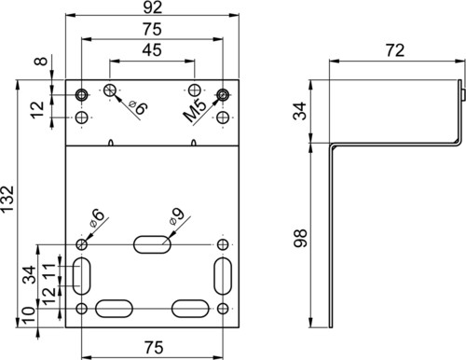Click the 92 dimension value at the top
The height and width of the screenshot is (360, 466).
click(x=153, y=7)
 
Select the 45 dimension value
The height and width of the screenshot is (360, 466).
click(x=152, y=50)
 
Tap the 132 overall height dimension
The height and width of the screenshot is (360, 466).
click(x=7, y=199)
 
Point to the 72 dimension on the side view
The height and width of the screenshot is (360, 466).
click(x=395, y=50)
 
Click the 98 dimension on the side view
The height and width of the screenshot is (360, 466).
click(x=300, y=238)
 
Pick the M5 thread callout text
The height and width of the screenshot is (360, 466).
click(x=195, y=110)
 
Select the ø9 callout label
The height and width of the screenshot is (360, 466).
click(x=177, y=216)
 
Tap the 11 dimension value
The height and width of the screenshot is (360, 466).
click(x=48, y=270)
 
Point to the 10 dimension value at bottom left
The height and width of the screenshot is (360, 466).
click(x=29, y=315)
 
